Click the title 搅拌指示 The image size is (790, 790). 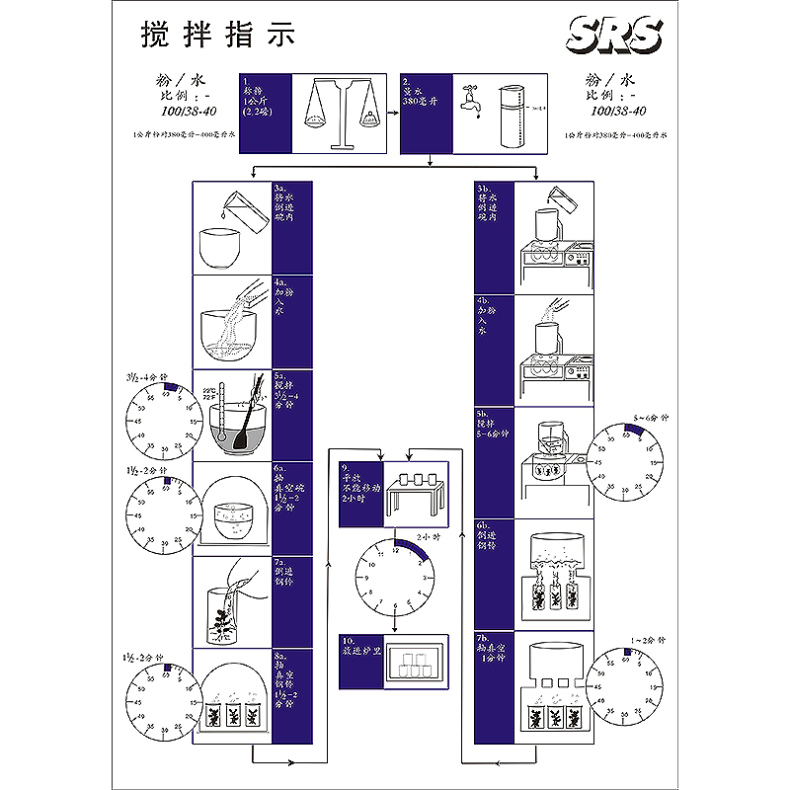[x=218, y=35]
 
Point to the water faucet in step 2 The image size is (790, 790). [x=475, y=99]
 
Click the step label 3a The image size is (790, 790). [x=280, y=187]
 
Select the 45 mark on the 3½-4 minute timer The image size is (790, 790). [x=135, y=422]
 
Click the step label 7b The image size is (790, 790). [x=483, y=637]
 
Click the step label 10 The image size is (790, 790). [x=350, y=641]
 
